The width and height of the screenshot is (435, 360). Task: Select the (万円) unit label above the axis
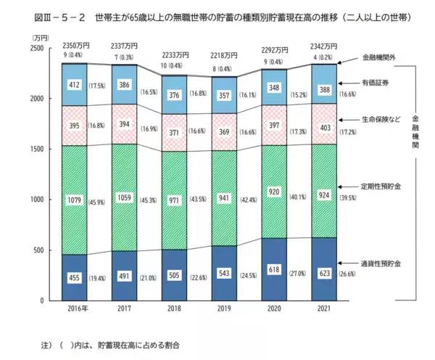pyautogui.click(x=33, y=36)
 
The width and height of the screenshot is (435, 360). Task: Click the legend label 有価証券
pyautogui.click(x=376, y=83)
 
